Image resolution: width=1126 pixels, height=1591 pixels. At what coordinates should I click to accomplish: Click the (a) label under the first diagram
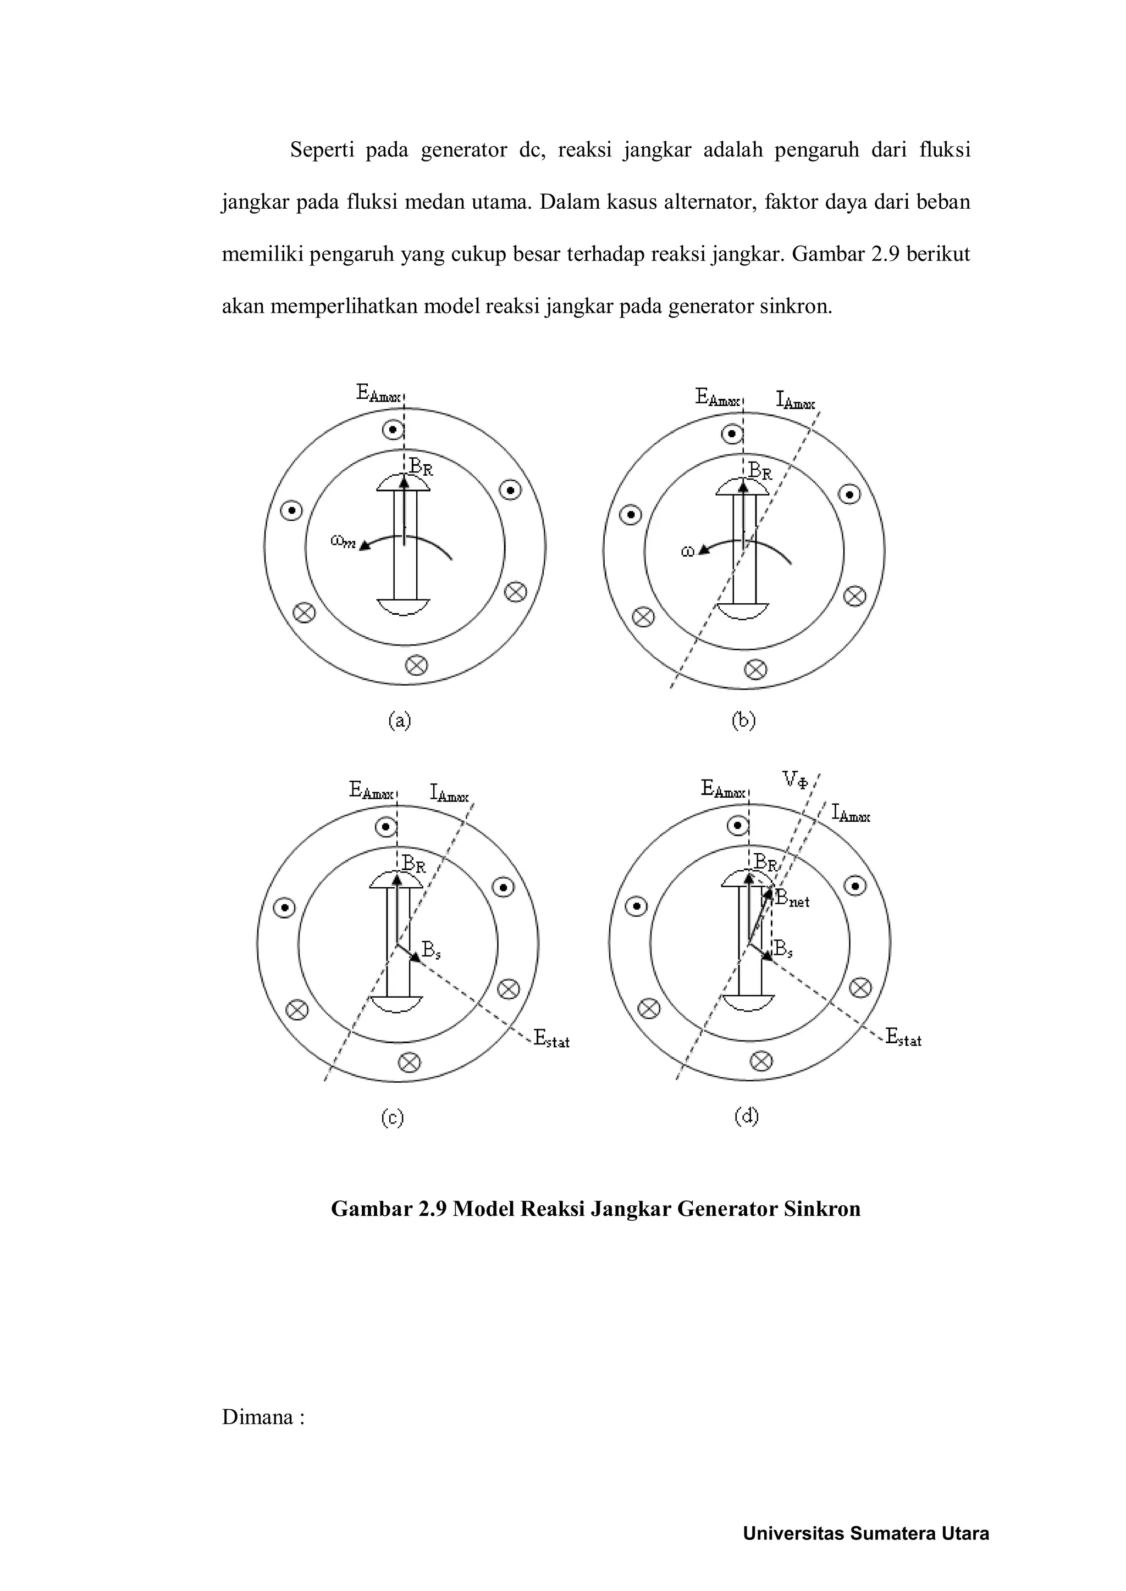(x=399, y=721)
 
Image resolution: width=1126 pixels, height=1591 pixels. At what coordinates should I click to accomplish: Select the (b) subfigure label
(x=743, y=721)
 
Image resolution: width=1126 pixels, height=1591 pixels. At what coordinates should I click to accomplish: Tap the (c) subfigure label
(x=393, y=1118)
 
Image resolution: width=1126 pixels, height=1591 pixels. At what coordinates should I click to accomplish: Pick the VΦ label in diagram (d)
(x=795, y=780)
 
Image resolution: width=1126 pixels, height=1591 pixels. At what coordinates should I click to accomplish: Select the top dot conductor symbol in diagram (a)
(x=393, y=430)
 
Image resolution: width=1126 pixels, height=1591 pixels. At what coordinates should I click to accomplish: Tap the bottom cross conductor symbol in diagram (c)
(x=410, y=1062)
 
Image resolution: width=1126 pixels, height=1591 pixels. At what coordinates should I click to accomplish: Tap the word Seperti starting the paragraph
(x=321, y=149)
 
